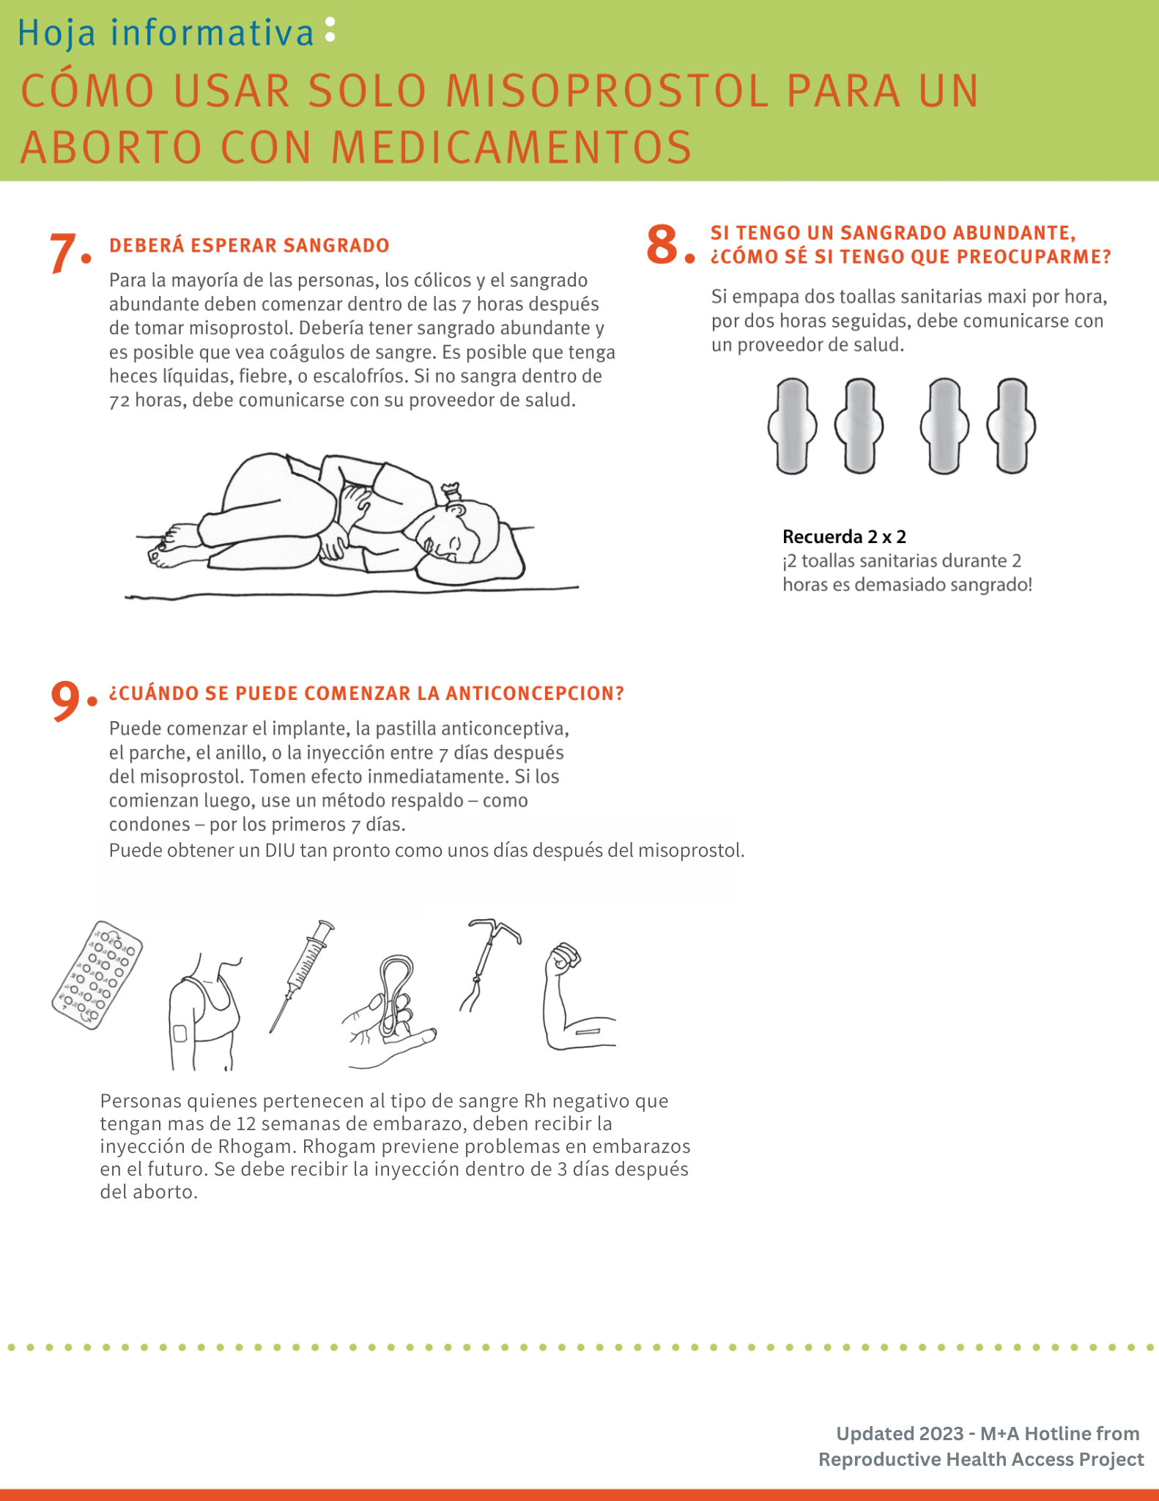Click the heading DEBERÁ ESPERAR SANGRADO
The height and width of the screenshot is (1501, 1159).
click(249, 246)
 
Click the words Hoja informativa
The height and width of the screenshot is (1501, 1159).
click(166, 34)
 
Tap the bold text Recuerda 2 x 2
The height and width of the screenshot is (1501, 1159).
click(844, 536)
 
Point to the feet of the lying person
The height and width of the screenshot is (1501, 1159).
click(169, 546)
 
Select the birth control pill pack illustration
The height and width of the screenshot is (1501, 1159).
click(97, 975)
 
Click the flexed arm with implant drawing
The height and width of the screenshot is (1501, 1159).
click(575, 1000)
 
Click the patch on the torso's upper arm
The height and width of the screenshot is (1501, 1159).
click(179, 1033)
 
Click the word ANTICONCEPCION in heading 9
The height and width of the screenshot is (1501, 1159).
click(534, 693)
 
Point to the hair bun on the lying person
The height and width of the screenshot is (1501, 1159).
click(451, 490)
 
